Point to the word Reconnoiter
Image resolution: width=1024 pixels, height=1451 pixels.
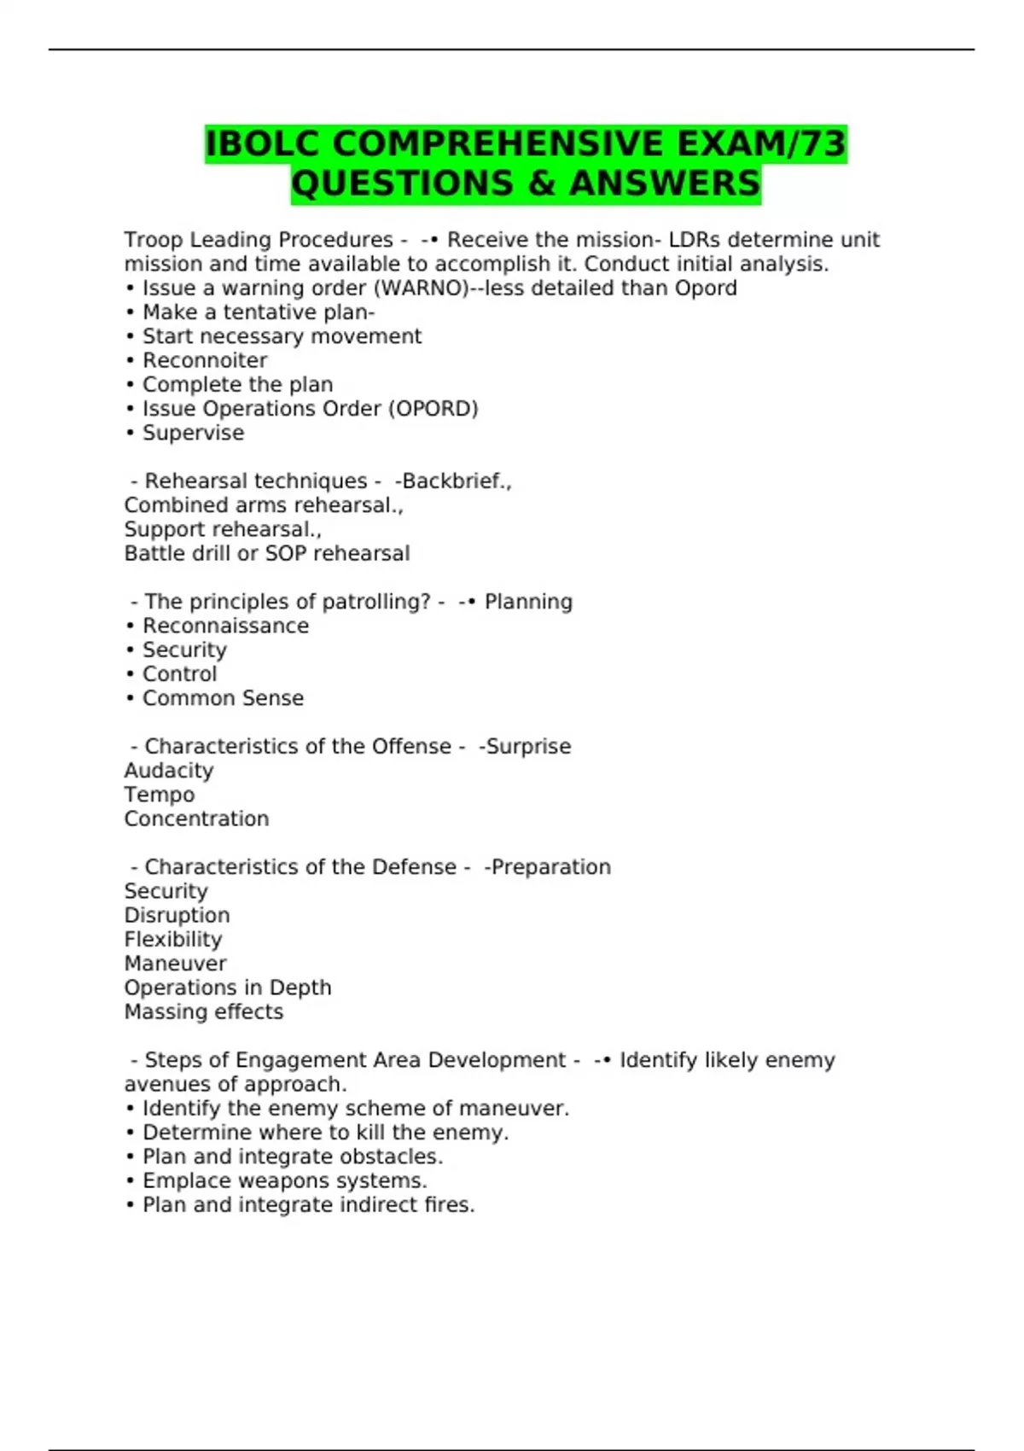pos(205,360)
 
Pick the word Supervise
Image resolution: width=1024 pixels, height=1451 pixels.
pos(193,433)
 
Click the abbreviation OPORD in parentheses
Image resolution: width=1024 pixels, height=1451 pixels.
pos(433,409)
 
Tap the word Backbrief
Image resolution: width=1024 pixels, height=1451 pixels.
pos(453,481)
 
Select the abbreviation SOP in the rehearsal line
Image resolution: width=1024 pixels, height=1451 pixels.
pos(286,554)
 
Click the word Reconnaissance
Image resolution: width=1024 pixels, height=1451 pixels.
pos(225,626)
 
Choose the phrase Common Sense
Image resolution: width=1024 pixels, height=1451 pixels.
pos(223,698)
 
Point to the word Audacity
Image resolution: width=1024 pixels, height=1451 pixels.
pos(169,771)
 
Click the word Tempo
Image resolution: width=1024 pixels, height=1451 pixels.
pos(160,795)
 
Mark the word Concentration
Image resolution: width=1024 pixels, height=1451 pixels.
pos(196,819)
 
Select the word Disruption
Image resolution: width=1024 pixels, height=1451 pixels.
pos(177,915)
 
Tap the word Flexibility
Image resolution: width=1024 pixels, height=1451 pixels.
pos(173,940)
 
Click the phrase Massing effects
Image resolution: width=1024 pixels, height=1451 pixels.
pos(204,1011)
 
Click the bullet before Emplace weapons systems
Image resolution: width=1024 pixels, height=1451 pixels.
pos(131,1181)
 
